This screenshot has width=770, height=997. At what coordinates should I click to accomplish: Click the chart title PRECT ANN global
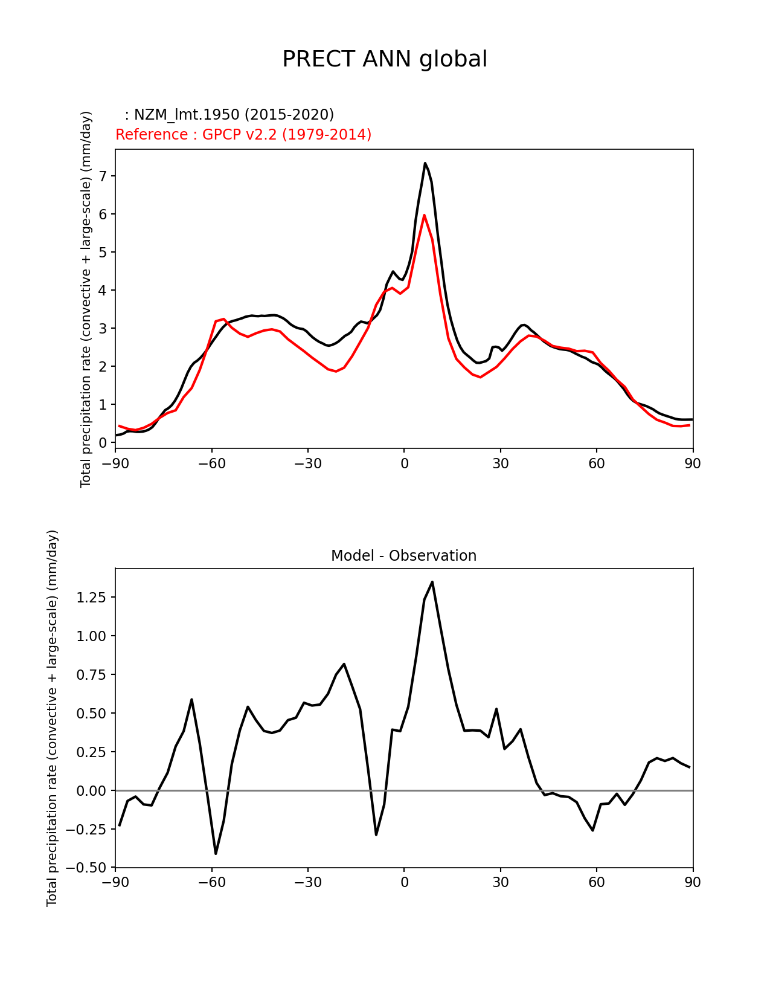point(385,59)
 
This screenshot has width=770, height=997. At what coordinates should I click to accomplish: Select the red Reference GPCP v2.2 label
point(243,135)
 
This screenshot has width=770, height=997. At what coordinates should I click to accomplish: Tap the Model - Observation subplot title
point(403,556)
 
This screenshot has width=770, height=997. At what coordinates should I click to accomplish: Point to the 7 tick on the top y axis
point(103,176)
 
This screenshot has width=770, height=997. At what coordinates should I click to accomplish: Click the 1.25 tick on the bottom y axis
point(92,598)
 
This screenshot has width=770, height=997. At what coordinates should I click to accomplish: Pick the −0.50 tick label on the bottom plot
point(89,868)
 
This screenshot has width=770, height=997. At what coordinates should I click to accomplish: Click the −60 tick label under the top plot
point(211,463)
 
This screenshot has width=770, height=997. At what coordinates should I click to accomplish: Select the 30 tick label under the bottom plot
point(500,883)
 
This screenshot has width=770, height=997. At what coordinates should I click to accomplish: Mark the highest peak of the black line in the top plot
point(425,163)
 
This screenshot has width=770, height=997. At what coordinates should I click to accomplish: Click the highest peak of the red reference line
point(425,215)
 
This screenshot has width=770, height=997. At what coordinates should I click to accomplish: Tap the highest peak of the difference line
point(432,582)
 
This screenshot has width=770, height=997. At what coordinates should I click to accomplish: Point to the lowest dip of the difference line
point(216,853)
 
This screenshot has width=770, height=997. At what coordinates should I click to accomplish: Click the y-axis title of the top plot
point(86,299)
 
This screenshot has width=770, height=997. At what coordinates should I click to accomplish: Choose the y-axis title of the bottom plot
point(53,718)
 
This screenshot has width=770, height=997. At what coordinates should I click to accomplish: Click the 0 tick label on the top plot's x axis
point(404,463)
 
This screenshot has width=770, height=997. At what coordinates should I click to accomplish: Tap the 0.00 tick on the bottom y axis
point(92,790)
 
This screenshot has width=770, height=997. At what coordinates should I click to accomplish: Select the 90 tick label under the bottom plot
point(693,883)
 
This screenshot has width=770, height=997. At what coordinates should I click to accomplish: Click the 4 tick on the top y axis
point(103,291)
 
